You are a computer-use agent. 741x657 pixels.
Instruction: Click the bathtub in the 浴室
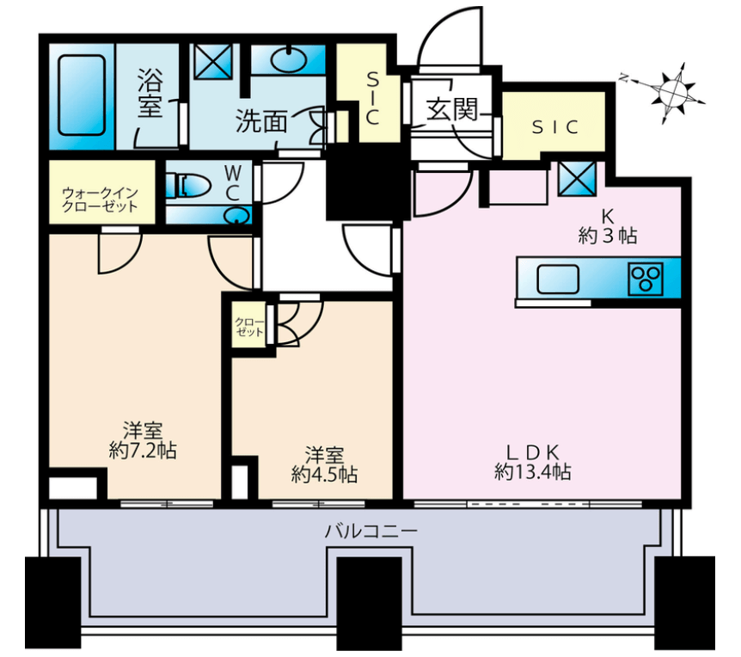pos(82,95)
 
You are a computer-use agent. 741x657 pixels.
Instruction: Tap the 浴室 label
pos(150,93)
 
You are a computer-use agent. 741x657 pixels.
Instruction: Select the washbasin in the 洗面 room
pos(289,59)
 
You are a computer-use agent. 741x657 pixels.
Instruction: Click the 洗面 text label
pos(261,122)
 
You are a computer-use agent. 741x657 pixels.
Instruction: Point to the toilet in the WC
pos(188,184)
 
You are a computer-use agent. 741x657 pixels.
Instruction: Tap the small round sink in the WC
pos(237,217)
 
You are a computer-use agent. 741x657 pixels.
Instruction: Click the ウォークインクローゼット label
pos(101,200)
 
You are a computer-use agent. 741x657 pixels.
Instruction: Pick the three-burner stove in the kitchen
pos(646,279)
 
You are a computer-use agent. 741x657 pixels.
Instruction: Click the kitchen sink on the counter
pos(559,279)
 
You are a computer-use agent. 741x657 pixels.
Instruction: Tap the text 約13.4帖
pos(533,472)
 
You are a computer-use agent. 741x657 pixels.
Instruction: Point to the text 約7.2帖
pos(143,451)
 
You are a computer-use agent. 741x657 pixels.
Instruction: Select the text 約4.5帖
pos(324,474)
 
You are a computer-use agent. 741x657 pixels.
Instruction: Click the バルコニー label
pos(371,531)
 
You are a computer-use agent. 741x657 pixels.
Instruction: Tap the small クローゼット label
pos(250,327)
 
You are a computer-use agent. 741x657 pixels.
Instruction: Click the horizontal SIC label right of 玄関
pos(555,126)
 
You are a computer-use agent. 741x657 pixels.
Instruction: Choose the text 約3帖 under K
pos(608,236)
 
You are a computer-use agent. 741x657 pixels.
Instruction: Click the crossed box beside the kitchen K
pos(577,178)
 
